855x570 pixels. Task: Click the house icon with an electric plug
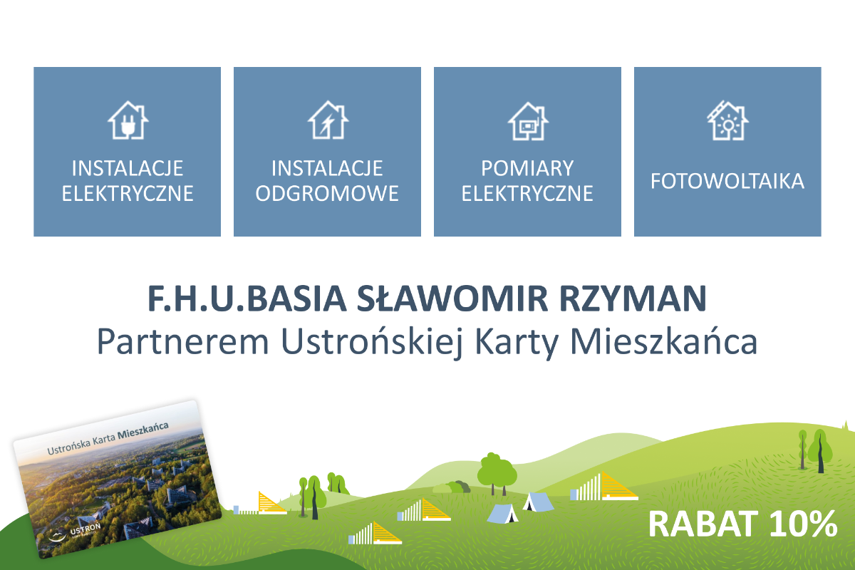[x=128, y=120]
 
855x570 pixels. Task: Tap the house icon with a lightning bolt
[x=328, y=120]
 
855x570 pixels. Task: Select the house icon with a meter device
[x=528, y=121]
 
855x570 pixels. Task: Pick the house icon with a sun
[x=727, y=120]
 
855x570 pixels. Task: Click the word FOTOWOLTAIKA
[x=727, y=181]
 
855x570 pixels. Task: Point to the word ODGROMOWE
[x=327, y=193]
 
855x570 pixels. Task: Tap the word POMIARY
[x=527, y=168]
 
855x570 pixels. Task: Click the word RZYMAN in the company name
[x=633, y=299]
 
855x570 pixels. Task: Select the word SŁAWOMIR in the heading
[x=452, y=299]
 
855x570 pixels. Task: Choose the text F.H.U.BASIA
[x=247, y=299]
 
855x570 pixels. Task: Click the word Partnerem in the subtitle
[x=183, y=342]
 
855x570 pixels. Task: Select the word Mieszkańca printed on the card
[x=143, y=430]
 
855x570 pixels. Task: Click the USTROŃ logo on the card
[x=75, y=532]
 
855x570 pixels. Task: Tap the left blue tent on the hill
[x=503, y=514]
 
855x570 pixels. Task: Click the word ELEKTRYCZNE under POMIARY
[x=527, y=193]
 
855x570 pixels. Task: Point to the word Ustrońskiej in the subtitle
[x=372, y=343]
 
